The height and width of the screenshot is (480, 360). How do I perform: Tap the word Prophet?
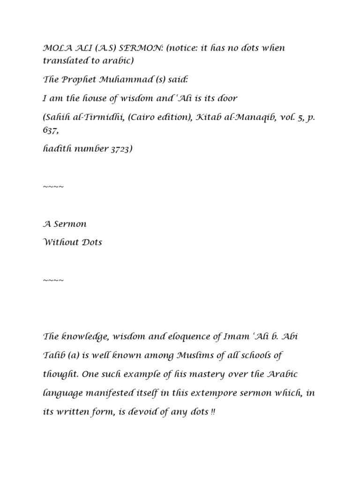tap(75, 80)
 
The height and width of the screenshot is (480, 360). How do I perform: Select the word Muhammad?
tap(118, 80)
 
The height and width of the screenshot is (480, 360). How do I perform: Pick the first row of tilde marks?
tap(53, 187)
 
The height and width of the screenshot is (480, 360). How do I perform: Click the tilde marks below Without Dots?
tap(53, 281)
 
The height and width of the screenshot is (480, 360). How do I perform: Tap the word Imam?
tap(222, 336)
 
